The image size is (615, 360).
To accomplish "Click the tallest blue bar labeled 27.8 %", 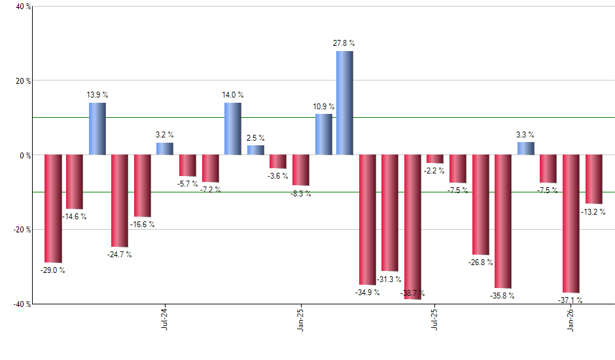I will coord(345,103).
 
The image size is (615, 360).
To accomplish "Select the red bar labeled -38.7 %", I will coord(412,226).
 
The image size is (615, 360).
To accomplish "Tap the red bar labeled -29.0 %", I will coord(53,208).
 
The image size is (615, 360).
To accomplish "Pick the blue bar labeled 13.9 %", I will coord(97,129).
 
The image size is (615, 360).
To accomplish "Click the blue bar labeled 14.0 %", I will coord(232,129).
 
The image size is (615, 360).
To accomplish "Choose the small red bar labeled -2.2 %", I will coord(435,159).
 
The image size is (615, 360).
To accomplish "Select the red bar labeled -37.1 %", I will coord(571,224).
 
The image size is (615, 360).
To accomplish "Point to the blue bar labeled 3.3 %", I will coord(525,149).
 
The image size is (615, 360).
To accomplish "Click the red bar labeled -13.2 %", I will coord(593,179).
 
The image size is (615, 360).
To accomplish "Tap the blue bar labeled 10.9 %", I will coord(323,135).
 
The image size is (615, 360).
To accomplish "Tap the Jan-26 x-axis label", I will coord(571,319).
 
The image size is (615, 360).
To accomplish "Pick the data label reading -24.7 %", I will coord(120,255).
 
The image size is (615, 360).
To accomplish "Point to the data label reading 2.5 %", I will coord(256,138).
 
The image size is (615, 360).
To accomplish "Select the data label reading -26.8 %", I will coord(481,262).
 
